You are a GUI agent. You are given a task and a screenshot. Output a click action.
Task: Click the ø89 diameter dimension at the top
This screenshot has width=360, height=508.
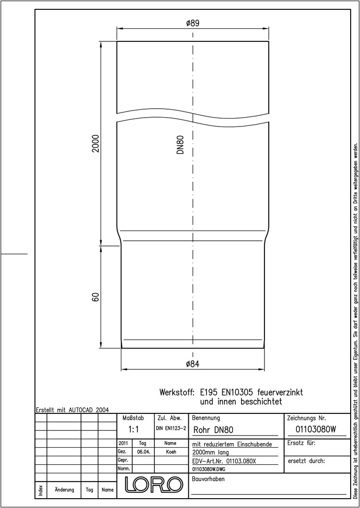click(192, 24)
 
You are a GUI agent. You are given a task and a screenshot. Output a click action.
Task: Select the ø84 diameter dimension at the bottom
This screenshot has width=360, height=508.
click(192, 364)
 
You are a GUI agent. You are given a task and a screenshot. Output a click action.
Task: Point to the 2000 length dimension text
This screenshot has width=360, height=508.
click(95, 143)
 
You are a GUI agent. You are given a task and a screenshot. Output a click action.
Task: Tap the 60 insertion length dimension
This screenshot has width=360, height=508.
click(95, 297)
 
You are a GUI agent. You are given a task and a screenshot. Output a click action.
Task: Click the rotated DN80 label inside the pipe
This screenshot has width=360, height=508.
click(181, 144)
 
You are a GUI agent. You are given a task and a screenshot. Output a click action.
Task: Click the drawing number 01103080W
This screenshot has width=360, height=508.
click(316, 429)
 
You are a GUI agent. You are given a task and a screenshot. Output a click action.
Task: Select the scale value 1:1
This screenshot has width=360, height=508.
click(134, 429)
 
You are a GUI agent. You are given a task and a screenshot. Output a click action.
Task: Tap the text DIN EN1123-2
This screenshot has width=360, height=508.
click(171, 429)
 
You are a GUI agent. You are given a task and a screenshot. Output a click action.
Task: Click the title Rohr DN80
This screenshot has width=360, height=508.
click(213, 430)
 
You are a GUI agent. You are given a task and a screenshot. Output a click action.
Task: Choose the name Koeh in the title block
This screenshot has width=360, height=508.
click(171, 452)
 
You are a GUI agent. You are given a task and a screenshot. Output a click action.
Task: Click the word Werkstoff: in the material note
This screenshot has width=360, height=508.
click(176, 393)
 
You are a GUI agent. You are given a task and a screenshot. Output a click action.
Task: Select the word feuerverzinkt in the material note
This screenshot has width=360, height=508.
click(280, 393)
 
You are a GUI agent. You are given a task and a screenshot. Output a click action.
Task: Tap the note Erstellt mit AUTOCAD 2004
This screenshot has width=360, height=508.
click(72, 410)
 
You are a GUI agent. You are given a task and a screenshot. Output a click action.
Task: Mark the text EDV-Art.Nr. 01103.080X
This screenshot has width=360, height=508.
click(224, 460)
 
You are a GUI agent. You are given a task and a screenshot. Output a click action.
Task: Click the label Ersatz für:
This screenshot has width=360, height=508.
click(302, 443)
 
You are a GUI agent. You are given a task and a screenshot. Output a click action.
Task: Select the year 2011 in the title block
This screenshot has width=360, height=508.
click(124, 443)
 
